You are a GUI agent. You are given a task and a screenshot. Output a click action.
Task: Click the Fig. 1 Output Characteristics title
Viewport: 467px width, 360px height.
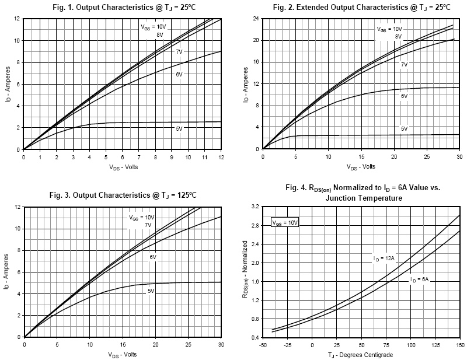tap(123, 7)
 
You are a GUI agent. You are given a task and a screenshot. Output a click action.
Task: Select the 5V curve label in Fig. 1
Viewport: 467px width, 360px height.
tap(179, 127)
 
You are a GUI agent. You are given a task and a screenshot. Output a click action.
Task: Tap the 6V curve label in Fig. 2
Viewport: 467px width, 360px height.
tap(403, 95)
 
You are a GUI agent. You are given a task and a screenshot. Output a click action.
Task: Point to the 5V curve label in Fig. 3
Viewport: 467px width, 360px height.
tap(151, 290)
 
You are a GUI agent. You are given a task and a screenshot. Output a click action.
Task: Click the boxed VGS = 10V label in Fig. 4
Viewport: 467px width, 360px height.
tap(285, 223)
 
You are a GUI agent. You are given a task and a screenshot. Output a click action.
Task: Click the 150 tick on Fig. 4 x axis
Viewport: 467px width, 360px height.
tap(459, 345)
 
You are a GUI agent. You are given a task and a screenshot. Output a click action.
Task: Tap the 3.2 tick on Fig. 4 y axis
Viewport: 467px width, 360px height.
tap(255, 207)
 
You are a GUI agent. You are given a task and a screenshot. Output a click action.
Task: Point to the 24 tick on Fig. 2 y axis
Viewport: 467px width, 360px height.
tap(255, 18)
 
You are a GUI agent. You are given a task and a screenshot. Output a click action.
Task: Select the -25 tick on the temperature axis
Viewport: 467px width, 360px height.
tap(287, 345)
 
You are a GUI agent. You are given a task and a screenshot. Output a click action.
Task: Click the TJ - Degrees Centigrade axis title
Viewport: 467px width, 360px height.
tap(361, 354)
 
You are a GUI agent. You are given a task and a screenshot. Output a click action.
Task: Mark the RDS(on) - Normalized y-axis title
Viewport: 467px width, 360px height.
tap(246, 272)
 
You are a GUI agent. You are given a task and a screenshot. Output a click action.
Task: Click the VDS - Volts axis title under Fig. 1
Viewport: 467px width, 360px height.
tap(122, 167)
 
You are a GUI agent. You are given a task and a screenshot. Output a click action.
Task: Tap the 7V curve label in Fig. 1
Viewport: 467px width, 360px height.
tap(180, 52)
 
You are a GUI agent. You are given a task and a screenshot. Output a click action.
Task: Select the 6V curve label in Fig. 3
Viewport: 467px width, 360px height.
tap(153, 257)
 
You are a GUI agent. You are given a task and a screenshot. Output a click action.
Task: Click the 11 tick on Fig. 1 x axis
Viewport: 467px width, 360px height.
tap(204, 158)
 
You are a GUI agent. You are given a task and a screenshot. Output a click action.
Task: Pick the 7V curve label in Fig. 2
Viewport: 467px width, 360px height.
tap(404, 64)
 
